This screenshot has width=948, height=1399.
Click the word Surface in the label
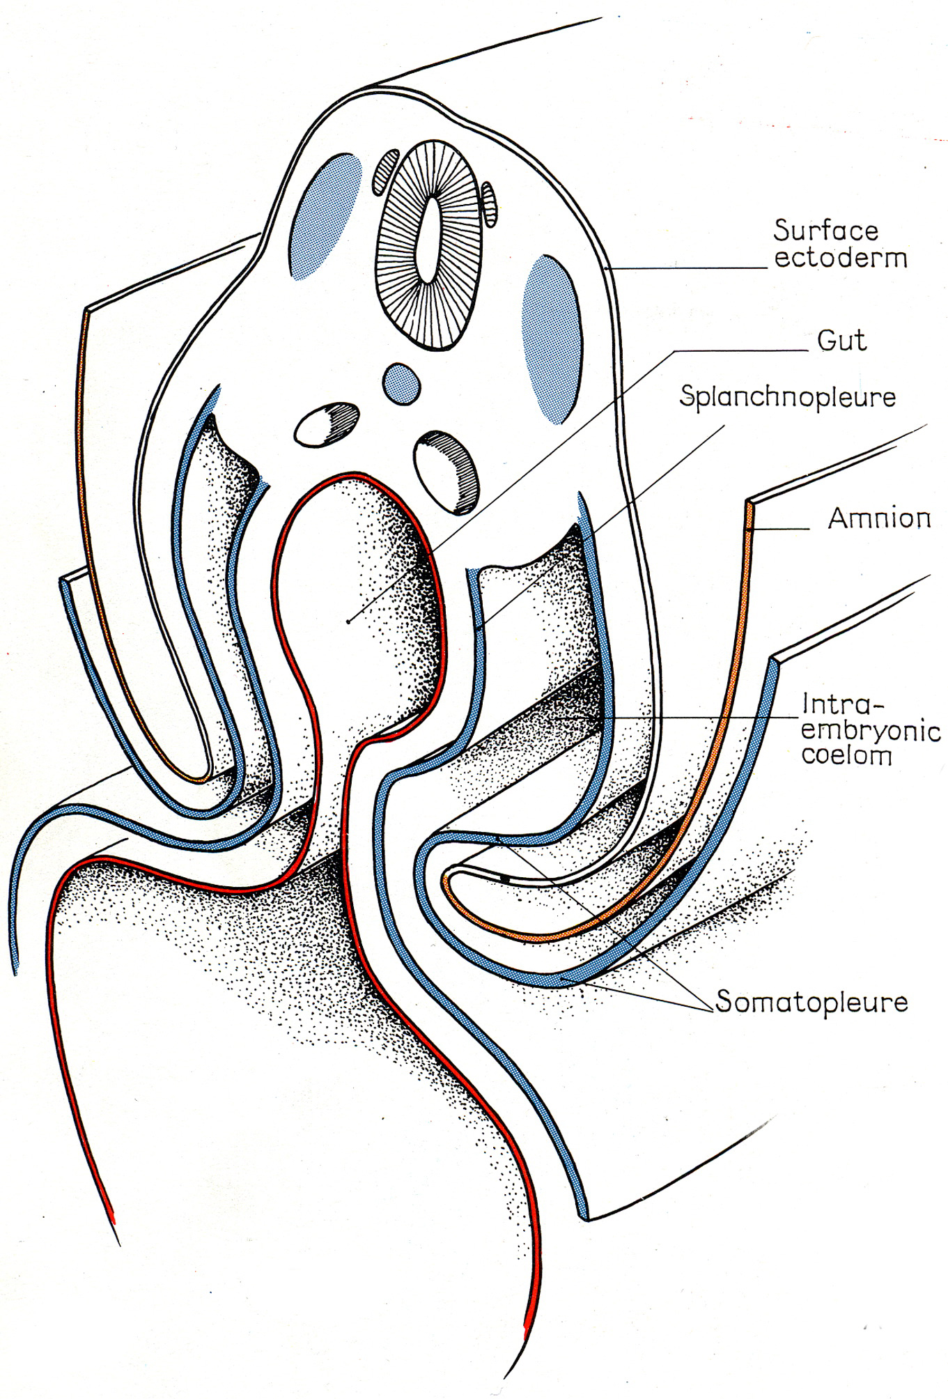pos(826,230)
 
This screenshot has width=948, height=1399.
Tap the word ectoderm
pos(841,258)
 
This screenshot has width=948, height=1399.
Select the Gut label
pos(842,341)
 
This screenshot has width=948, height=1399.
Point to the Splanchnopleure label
pos(787,398)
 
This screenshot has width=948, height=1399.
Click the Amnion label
pos(879,518)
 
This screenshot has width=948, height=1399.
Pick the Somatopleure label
pos(811,1003)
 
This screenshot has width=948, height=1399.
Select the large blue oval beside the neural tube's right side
pos(551,339)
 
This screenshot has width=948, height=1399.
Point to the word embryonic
pos(871,730)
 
